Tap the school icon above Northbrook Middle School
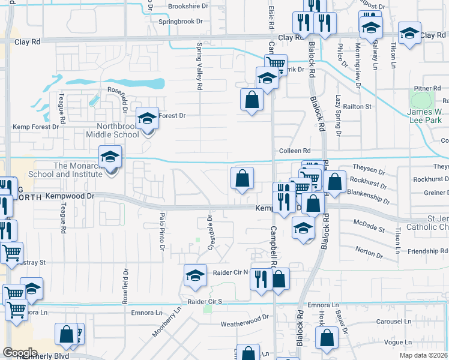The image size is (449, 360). tap(146, 118)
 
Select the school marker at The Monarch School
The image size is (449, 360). tap(110, 157)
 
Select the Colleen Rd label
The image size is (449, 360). tap(294, 151)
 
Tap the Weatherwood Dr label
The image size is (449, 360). tap(244, 323)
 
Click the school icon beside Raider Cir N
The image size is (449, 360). tap(195, 275)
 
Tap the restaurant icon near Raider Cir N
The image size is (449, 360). tap(261, 279)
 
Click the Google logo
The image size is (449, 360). tap(20, 353)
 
